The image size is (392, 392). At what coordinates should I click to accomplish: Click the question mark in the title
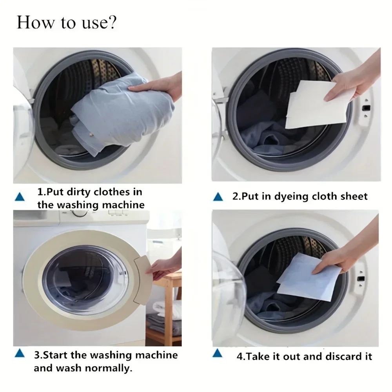112,23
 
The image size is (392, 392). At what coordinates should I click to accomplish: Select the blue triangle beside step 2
218,197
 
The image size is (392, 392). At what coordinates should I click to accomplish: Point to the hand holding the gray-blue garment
161,88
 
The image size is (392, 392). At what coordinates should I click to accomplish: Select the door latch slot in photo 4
362,278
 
